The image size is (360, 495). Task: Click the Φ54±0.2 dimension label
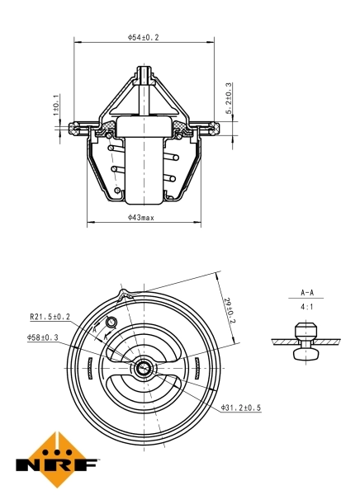click(143, 37)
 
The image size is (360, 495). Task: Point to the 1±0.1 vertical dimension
click(56, 105)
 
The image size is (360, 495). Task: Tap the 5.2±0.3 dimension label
click(228, 98)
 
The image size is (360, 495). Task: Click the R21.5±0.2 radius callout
click(50, 315)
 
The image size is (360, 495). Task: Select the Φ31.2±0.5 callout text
click(241, 408)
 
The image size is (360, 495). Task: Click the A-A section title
click(306, 293)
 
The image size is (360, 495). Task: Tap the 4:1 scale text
click(306, 307)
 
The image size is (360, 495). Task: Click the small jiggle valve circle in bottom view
click(112, 322)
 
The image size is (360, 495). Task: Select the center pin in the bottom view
click(144, 368)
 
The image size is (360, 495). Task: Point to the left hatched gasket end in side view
click(78, 127)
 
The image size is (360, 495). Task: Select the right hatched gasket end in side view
click(211, 127)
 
